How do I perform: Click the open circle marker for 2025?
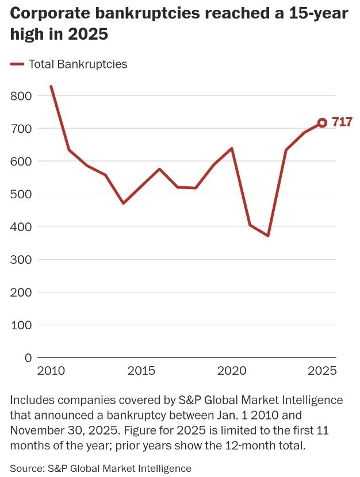322,122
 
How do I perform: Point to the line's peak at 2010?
51,87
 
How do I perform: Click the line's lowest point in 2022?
268,236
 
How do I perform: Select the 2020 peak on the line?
232,148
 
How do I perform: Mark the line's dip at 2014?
123,203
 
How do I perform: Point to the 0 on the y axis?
28,357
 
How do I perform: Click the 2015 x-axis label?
141,371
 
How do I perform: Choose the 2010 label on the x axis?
51,371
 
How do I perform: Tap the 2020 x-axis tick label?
232,371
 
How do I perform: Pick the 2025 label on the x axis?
322,371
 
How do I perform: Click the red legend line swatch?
17,64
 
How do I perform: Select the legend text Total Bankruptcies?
78,64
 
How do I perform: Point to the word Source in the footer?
25,468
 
